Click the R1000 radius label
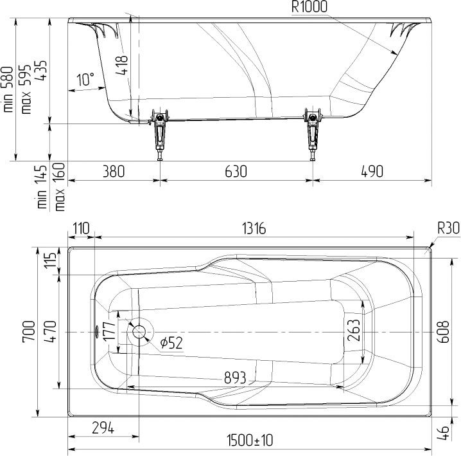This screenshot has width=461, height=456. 309,6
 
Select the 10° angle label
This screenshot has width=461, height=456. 85,79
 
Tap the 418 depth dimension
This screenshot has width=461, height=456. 122,65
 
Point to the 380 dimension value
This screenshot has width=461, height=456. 114,172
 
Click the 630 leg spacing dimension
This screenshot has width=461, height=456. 236,172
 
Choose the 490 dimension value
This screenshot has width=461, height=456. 372,172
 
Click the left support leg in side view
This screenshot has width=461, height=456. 159,134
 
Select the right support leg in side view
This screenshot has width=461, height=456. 313,134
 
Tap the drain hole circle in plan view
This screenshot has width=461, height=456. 139,332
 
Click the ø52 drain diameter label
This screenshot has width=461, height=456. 171,343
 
